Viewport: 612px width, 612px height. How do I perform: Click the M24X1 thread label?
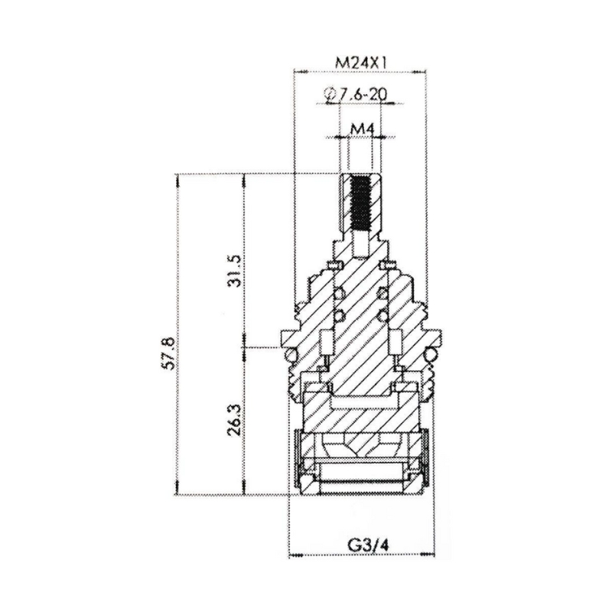tap(360, 62)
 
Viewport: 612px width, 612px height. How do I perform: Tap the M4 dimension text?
tap(360, 128)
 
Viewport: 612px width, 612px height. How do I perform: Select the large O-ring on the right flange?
tap(431, 354)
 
